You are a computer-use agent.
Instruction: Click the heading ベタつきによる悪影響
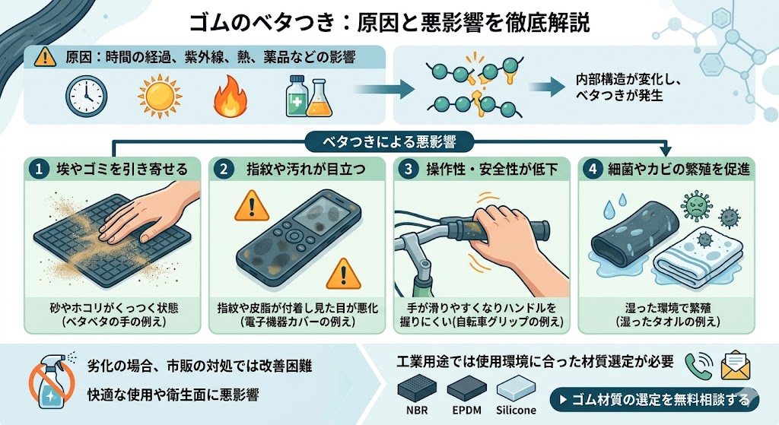(x=389, y=141)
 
